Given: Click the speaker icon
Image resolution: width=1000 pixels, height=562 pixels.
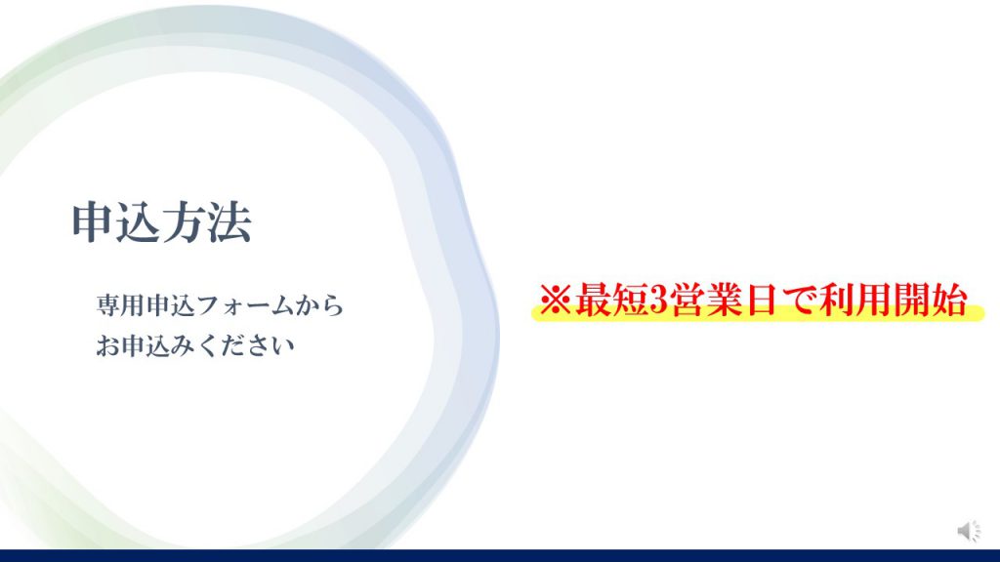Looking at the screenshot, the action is [969, 530].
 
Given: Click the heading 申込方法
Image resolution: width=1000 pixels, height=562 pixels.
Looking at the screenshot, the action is [162, 222].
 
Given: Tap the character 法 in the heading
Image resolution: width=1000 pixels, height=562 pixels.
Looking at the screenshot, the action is [229, 222].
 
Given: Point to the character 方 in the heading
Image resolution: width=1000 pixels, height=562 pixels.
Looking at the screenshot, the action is [185, 222].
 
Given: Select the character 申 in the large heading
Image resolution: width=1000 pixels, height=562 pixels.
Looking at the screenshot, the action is [93, 222].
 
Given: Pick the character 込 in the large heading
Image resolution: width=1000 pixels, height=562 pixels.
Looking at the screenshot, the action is [139, 222].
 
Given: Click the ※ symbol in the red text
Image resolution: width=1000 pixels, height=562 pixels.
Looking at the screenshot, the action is [556, 300].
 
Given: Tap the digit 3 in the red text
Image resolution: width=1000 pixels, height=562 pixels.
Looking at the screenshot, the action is [658, 300].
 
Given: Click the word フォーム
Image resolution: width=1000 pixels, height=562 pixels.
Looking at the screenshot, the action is [245, 305].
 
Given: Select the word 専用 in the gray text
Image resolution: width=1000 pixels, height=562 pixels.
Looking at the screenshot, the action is [121, 305].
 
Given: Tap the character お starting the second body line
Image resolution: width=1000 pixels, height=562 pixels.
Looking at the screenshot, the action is [108, 346].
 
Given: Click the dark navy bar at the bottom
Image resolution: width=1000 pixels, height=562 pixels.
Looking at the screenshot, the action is [500, 555].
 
